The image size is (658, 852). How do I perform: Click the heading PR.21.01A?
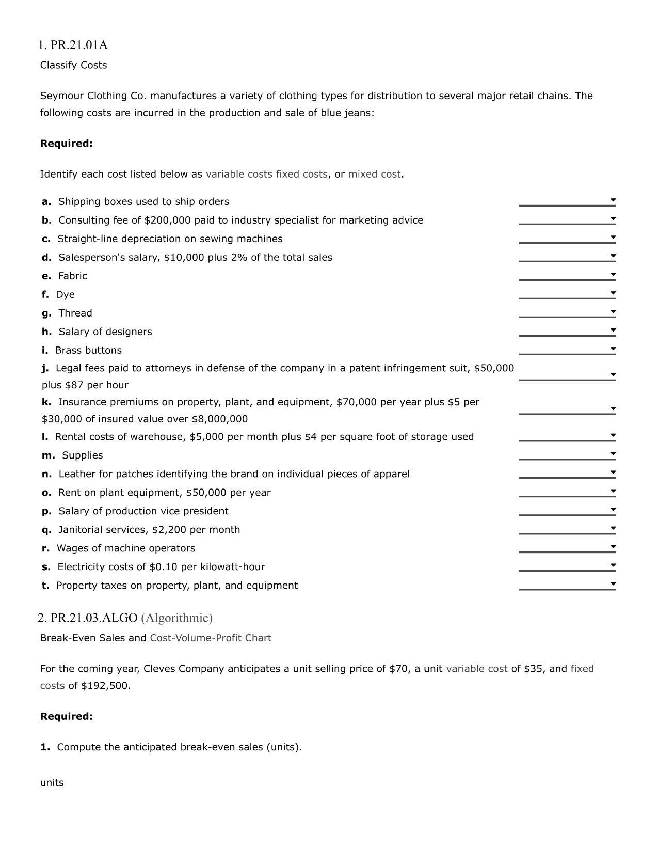pyautogui.click(x=73, y=45)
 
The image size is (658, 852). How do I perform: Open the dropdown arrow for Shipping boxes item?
pyautogui.click(x=613, y=200)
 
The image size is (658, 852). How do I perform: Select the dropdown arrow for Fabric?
pyautogui.click(x=613, y=274)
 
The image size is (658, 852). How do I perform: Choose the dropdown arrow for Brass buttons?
pyautogui.click(x=613, y=349)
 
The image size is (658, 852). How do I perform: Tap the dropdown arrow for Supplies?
pyautogui.click(x=613, y=454)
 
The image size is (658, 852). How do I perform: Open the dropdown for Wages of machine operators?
pyautogui.click(x=613, y=547)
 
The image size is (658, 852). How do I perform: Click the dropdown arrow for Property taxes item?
pyautogui.click(x=613, y=584)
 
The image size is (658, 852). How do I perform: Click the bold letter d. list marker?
pyautogui.click(x=46, y=258)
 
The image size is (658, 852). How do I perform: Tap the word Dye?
pyautogui.click(x=66, y=295)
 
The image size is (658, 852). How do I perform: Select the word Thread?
pyautogui.click(x=75, y=313)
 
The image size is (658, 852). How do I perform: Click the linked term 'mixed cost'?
pyautogui.click(x=374, y=175)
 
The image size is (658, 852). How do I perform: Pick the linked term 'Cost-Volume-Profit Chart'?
pyautogui.click(x=211, y=638)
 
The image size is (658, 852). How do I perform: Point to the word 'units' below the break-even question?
pyautogui.click(x=52, y=783)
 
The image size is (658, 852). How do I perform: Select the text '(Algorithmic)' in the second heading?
pyautogui.click(x=177, y=618)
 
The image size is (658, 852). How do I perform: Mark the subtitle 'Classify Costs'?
pyautogui.click(x=74, y=66)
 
